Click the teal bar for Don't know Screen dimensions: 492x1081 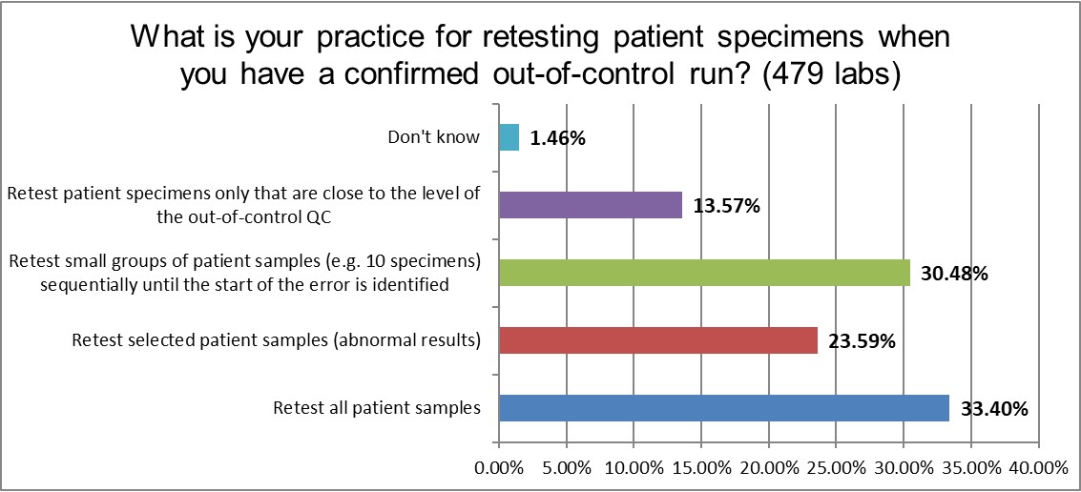click(x=509, y=137)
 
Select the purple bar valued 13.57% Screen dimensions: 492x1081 click(x=591, y=205)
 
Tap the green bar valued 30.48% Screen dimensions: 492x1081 click(x=704, y=273)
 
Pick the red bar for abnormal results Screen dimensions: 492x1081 click(x=658, y=340)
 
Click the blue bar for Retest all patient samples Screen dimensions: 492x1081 click(x=724, y=408)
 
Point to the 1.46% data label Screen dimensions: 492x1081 click(x=556, y=138)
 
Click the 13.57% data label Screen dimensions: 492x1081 click(x=725, y=206)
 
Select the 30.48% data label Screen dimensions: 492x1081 click(x=953, y=274)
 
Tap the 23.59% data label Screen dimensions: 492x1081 click(x=861, y=341)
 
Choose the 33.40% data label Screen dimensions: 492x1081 click(x=992, y=409)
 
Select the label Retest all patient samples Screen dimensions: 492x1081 click(x=376, y=409)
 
